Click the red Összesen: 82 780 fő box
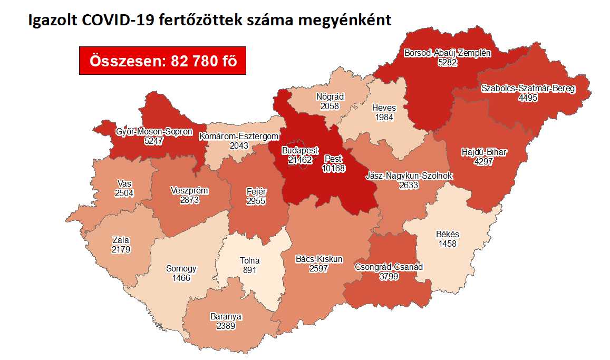click(162, 61)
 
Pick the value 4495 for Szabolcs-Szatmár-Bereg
click(528, 98)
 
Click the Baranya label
click(225, 317)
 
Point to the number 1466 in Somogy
click(181, 277)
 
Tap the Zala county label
click(121, 240)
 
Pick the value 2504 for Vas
click(124, 192)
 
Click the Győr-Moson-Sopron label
click(154, 132)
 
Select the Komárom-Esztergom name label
click(238, 137)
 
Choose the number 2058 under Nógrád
click(330, 106)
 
